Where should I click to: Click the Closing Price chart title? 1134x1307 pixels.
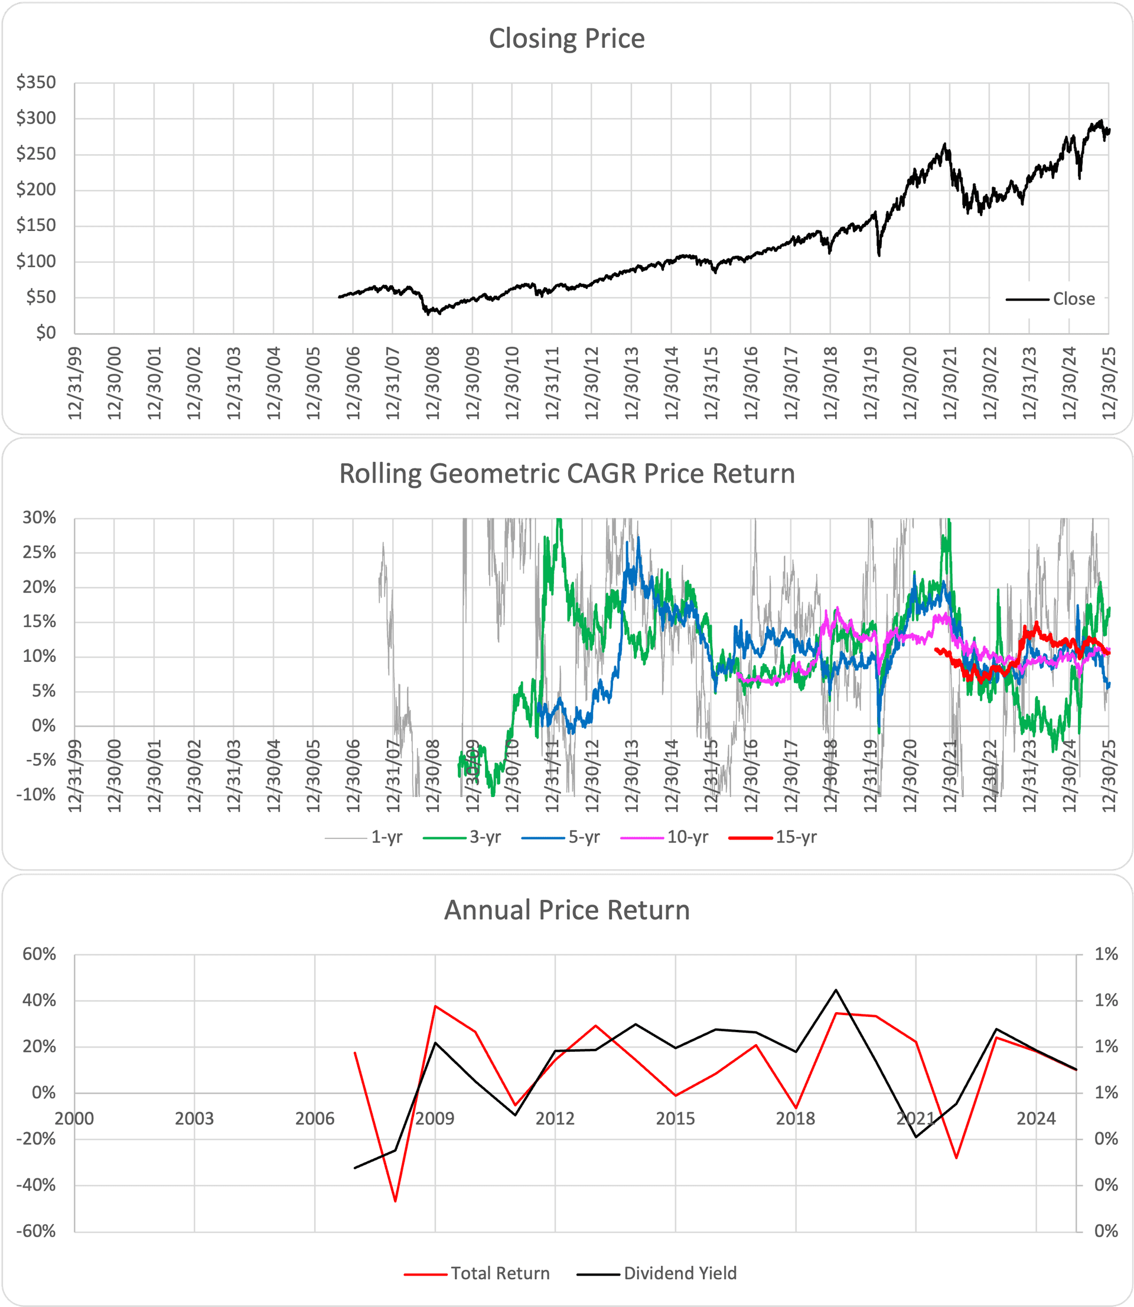(566, 38)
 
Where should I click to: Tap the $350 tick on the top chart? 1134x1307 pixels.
(36, 82)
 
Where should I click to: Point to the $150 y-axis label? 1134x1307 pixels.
(36, 225)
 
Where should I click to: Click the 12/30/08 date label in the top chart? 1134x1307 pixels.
(433, 382)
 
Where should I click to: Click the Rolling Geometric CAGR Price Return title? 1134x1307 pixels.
(566, 474)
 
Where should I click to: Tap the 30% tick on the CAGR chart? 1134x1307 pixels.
(39, 518)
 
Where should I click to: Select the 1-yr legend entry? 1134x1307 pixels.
(386, 837)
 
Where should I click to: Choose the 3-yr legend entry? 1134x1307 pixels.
(485, 837)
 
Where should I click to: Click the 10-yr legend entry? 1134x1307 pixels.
(687, 837)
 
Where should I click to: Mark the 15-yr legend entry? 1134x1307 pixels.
(796, 837)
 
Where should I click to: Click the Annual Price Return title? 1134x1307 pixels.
(566, 910)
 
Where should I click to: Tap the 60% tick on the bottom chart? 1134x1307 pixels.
(39, 954)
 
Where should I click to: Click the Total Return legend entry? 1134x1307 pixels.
(500, 1273)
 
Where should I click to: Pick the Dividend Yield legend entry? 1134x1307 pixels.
(680, 1273)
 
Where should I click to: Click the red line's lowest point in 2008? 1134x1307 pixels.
(396, 1201)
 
